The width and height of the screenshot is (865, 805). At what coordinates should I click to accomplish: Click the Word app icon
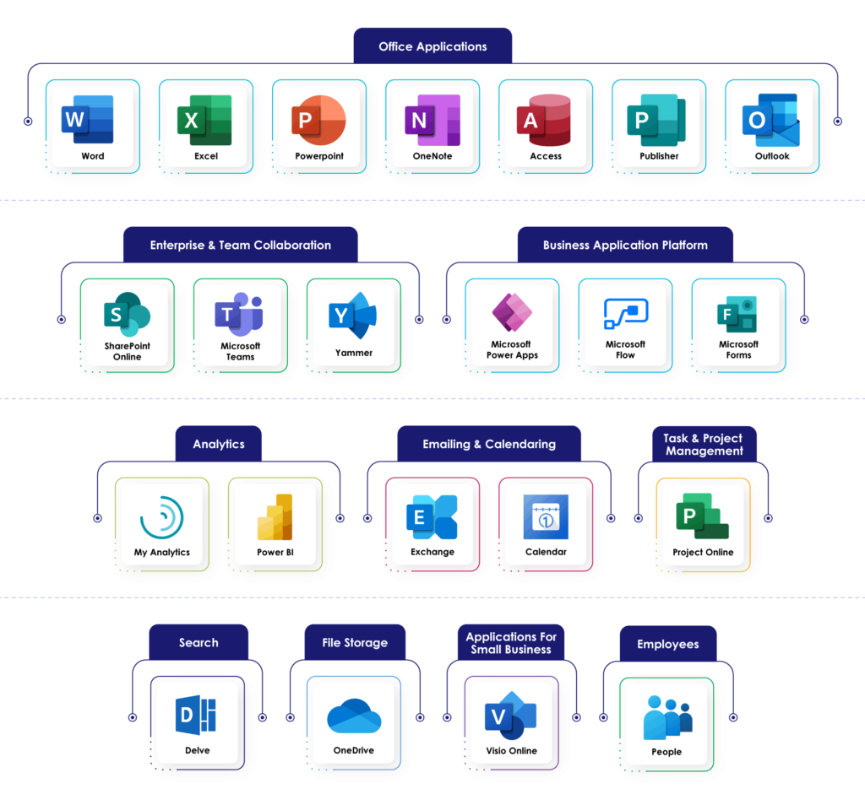[x=87, y=120]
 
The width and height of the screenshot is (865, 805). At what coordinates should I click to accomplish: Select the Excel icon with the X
[x=204, y=120]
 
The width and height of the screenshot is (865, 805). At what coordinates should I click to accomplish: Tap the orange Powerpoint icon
[x=318, y=120]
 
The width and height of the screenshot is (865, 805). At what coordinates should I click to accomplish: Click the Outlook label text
[x=772, y=156]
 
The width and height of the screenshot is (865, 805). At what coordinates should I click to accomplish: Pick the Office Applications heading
[x=432, y=46]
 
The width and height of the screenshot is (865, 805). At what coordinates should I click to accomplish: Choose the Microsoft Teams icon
[x=240, y=315]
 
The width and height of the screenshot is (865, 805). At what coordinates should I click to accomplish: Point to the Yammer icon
[x=353, y=315]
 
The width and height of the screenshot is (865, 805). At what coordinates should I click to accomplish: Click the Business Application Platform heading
[x=625, y=246]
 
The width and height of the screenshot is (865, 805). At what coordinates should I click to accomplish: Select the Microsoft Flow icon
[x=625, y=314]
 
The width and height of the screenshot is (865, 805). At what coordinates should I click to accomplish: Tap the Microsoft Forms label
[x=738, y=350]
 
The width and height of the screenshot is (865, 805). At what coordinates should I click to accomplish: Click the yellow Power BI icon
[x=275, y=516]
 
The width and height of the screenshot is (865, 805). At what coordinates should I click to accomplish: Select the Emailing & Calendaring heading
[x=489, y=444]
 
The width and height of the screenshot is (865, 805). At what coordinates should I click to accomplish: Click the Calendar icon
[x=546, y=516]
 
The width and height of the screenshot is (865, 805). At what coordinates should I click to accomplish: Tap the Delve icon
[x=196, y=715]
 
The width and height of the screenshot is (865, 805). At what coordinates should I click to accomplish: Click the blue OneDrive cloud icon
[x=353, y=716]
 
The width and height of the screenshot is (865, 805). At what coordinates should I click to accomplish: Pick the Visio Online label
[x=511, y=751]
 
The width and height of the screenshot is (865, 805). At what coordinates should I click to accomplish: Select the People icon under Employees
[x=667, y=717]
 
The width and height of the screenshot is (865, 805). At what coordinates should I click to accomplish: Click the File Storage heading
[x=355, y=643]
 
